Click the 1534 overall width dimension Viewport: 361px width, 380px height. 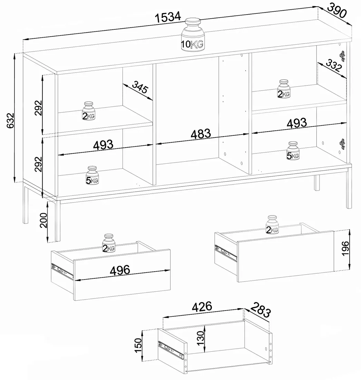168,17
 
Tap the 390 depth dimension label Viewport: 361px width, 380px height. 337,11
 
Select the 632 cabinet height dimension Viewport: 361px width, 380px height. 10,121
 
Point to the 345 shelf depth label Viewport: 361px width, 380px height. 140,87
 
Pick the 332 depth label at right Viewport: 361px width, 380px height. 333,65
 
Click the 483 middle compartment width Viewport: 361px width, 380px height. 201,134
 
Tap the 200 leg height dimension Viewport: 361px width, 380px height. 43,220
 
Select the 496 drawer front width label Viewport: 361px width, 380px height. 120,270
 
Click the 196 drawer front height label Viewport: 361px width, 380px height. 345,248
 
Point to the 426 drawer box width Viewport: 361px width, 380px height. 202,307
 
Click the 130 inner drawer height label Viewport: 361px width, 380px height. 201,338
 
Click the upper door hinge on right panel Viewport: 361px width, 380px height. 342,56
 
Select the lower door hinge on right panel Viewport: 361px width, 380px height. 342,144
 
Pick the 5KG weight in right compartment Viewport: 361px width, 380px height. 293,151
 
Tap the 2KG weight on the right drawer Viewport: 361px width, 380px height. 272,225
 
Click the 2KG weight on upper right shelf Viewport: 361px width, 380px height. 284,89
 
